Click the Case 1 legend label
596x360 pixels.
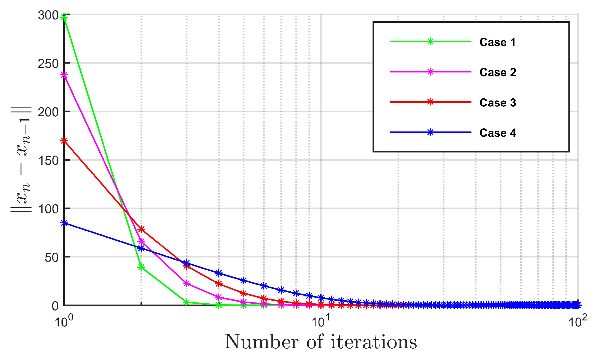click(497, 42)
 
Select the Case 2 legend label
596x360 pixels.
click(498, 72)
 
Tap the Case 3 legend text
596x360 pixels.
click(498, 103)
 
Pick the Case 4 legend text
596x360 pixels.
click(498, 133)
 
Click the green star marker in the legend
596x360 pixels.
click(430, 41)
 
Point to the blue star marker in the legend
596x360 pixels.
click(430, 132)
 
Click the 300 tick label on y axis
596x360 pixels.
click(48, 15)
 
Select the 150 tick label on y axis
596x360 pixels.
click(48, 160)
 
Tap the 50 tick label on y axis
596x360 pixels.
click(51, 257)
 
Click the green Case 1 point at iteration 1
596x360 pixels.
click(64, 17)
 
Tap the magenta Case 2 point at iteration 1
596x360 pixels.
click(64, 75)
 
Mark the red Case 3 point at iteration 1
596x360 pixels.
click(64, 141)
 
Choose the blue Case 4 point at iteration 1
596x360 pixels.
click(64, 223)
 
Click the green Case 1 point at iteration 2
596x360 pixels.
click(141, 267)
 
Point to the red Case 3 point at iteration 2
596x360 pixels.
click(141, 229)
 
